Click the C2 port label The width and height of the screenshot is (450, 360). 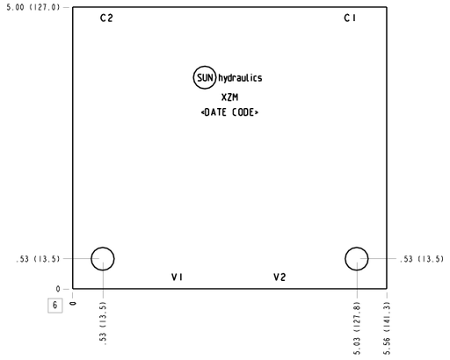click(106, 18)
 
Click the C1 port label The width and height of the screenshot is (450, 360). click(350, 18)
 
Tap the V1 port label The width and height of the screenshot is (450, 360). click(177, 277)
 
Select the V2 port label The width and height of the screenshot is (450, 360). click(279, 277)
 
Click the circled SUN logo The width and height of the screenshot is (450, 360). click(205, 67)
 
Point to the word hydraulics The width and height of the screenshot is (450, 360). click(240, 78)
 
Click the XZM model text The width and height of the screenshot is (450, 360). click(229, 97)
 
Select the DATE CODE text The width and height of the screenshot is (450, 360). click(229, 112)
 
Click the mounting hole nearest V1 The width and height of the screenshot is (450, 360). click(103, 248)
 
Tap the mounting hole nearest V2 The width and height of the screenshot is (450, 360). click(357, 248)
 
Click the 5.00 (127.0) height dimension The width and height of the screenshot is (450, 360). click(33, 7)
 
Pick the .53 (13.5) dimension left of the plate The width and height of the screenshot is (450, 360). click(38, 259)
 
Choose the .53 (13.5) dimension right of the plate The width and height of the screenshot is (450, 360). click(422, 259)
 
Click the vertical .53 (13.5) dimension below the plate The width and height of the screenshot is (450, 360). click(103, 323)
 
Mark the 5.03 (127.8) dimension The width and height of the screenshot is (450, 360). click(357, 328)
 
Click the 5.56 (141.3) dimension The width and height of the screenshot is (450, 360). click(387, 328)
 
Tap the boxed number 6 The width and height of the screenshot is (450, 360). click(55, 306)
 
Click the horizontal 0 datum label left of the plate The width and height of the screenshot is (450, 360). click(58, 289)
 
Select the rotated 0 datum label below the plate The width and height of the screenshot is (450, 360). click(73, 304)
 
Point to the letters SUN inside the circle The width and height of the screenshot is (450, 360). click(205, 78)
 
